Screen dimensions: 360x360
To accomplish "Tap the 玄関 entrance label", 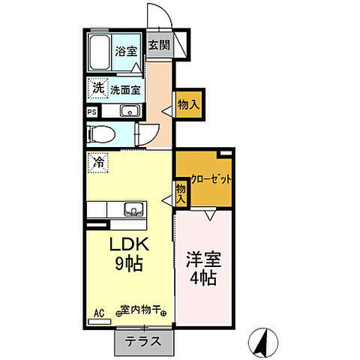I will click(x=157, y=44).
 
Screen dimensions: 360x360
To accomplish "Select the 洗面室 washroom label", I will click(x=125, y=89).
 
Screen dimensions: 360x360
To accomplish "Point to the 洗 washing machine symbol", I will click(x=97, y=88).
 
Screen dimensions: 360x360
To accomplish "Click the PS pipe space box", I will click(x=91, y=112).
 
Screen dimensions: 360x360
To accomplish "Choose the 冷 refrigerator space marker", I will click(x=98, y=161).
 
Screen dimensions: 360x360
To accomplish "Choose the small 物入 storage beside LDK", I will click(x=181, y=193).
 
